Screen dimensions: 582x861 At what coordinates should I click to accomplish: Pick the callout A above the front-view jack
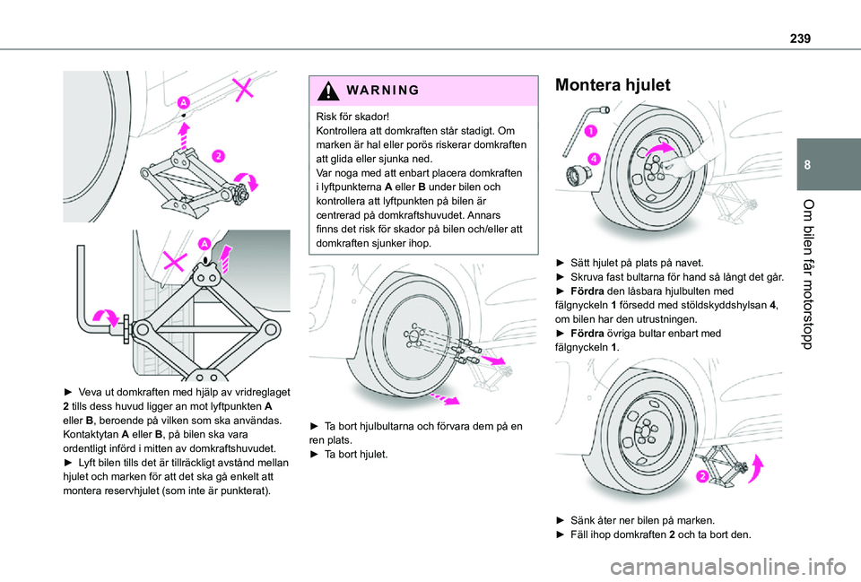(x=204, y=243)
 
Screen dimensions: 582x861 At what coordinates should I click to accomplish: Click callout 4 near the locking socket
(x=593, y=158)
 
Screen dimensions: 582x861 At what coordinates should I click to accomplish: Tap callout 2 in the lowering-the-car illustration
(x=703, y=475)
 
